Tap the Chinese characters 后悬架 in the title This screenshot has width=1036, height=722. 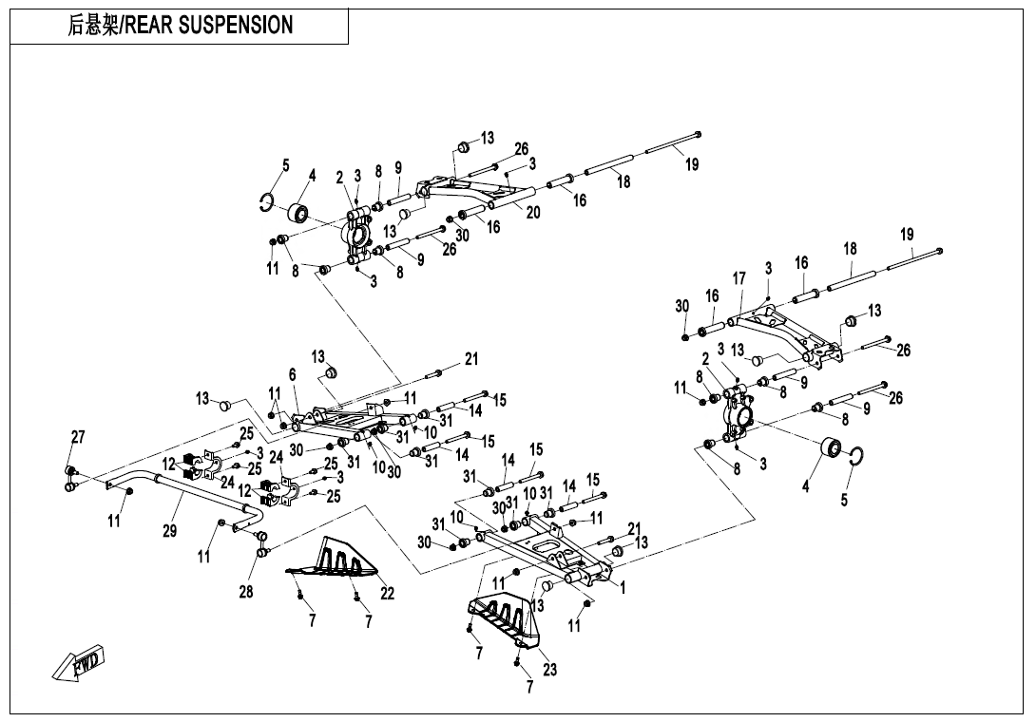pos(92,26)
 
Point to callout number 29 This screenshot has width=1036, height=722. pos(169,531)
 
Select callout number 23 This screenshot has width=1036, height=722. pos(549,669)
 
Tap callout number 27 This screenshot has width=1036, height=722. pos(78,437)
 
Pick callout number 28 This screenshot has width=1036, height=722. pos(246,593)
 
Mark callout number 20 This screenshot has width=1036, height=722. pos(533,213)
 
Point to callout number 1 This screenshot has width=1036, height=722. pos(623,588)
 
